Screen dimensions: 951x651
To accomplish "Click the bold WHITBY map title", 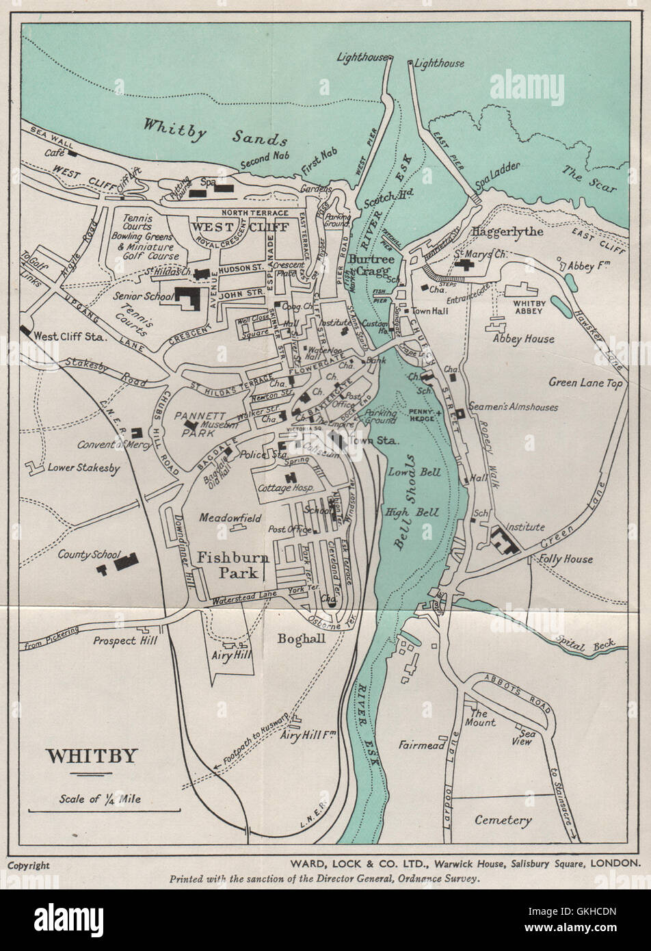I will (x=91, y=757).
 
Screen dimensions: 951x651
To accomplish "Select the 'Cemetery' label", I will (x=503, y=820).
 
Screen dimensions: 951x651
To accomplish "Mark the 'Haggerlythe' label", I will (x=507, y=231).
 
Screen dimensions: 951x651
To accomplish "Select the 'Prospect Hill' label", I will (x=125, y=641).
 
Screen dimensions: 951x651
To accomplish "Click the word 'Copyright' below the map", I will (x=29, y=865).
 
